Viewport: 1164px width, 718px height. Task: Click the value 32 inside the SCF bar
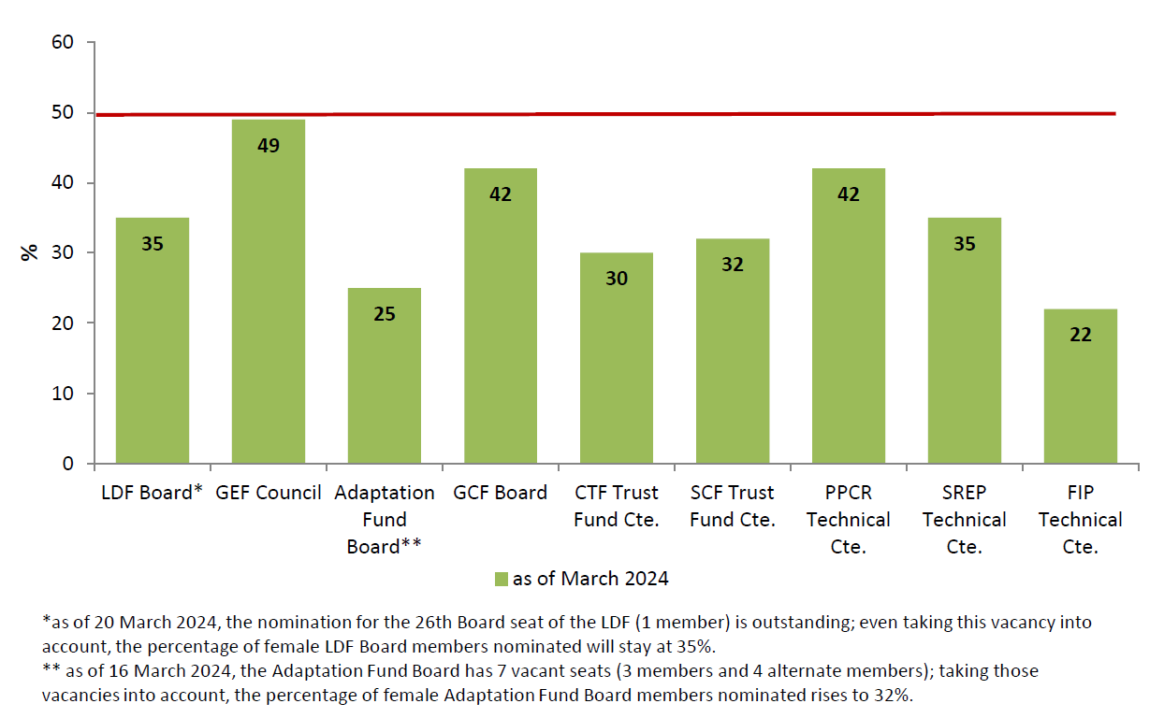click(x=733, y=265)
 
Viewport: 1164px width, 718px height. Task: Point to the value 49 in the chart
click(x=269, y=146)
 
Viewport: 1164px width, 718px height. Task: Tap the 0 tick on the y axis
click(x=66, y=464)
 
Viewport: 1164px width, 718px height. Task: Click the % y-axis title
click(x=30, y=252)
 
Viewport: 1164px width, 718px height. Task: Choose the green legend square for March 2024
click(x=502, y=580)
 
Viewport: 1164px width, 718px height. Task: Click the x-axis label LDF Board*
click(x=152, y=493)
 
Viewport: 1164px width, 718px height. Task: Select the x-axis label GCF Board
click(x=501, y=493)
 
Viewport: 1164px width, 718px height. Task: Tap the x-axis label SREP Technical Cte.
click(x=965, y=520)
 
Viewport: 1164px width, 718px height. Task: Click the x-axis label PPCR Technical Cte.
click(x=849, y=520)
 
